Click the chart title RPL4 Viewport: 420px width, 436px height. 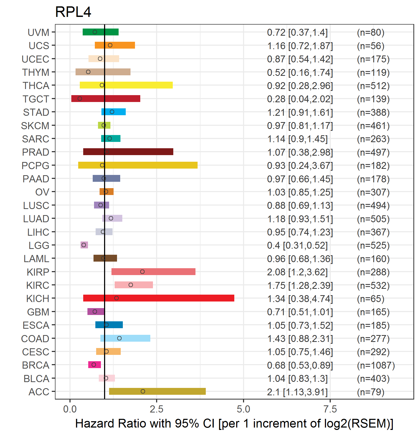(73, 12)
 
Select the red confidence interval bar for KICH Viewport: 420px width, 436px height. (158, 298)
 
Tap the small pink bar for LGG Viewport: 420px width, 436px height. (84, 245)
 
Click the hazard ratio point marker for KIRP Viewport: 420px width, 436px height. (142, 272)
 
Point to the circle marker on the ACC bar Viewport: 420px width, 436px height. (143, 391)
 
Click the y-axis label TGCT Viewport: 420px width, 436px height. (36, 99)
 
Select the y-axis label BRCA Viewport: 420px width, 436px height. (36, 365)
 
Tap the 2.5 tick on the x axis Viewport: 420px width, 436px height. (157, 409)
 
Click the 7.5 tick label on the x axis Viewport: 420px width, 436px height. (330, 409)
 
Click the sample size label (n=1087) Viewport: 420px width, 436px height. (376, 365)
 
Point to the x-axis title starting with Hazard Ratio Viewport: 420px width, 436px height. (234, 424)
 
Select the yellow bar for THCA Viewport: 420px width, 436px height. (126, 85)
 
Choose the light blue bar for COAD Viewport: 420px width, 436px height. (125, 338)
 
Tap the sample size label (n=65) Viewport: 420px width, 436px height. (371, 299)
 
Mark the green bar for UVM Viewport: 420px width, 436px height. (101, 32)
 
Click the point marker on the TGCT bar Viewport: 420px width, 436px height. (80, 99)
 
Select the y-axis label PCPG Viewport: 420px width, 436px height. (35, 166)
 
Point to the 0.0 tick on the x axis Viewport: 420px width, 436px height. (70, 409)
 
